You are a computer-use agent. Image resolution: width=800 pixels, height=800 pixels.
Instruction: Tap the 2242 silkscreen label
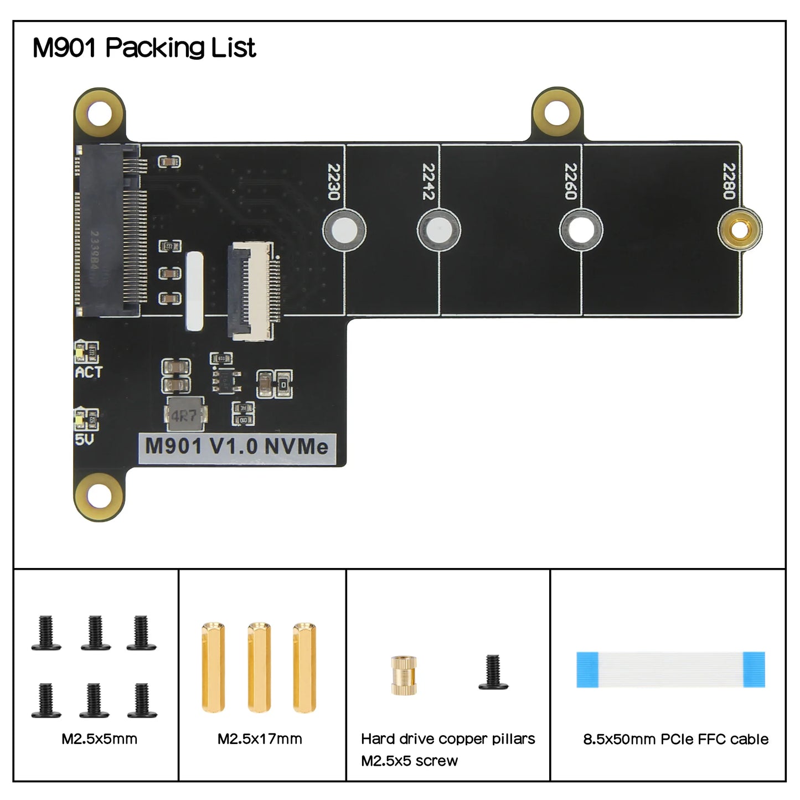point(429,182)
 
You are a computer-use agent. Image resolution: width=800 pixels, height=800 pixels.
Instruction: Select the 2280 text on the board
point(729,182)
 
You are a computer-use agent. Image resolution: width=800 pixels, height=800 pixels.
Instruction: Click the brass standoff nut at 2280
point(740,229)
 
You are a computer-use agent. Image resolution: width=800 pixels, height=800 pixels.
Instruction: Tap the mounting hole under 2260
point(581,230)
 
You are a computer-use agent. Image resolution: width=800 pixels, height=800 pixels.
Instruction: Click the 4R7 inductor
point(185,415)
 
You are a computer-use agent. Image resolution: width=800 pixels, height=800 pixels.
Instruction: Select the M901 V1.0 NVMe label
point(236,447)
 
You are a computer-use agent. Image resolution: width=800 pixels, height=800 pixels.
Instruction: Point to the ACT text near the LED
point(89,373)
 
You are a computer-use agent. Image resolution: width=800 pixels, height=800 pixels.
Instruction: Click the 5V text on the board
point(84,440)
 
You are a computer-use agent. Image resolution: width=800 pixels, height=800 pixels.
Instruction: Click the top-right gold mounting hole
point(557,112)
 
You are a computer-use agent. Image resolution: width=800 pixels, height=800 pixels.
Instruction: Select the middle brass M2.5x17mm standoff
point(259,667)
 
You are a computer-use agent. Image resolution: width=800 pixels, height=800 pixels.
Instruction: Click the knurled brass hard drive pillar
point(404,675)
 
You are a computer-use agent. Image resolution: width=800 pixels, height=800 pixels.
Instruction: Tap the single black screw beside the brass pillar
point(493,673)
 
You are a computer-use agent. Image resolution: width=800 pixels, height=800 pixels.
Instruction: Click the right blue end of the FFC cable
point(753,669)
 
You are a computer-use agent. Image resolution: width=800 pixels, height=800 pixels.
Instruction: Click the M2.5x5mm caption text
point(99,739)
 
